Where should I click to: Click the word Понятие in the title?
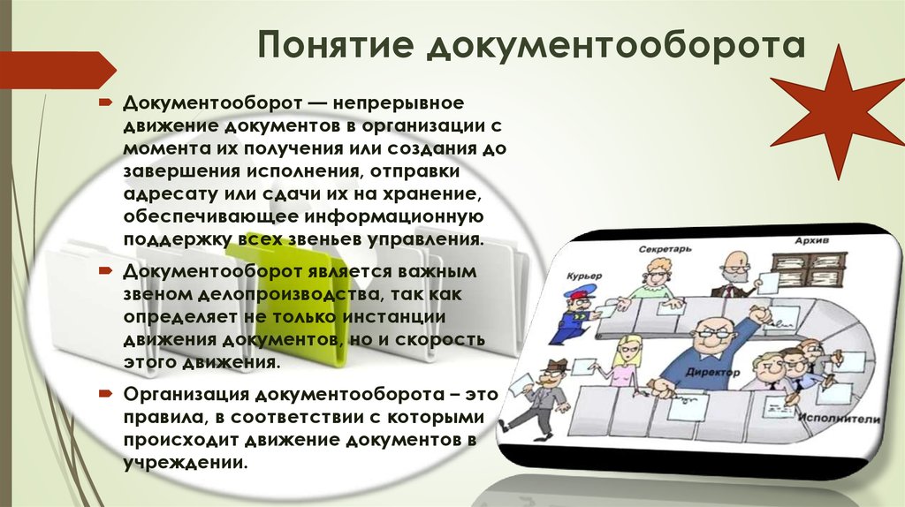pos(336,44)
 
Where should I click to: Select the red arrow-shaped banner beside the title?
pos(57,70)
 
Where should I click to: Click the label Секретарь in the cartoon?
pos(665,249)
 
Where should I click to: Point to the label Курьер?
pos(584,276)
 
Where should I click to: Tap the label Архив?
pos(811,240)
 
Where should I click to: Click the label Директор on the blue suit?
pos(713,372)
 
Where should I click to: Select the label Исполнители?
pos(839,419)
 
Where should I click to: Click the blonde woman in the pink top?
pos(624,361)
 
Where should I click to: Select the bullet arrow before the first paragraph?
pos(105,103)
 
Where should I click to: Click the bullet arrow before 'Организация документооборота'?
pos(105,395)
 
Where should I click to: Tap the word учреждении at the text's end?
pos(186,462)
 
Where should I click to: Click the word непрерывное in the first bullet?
pos(398,102)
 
